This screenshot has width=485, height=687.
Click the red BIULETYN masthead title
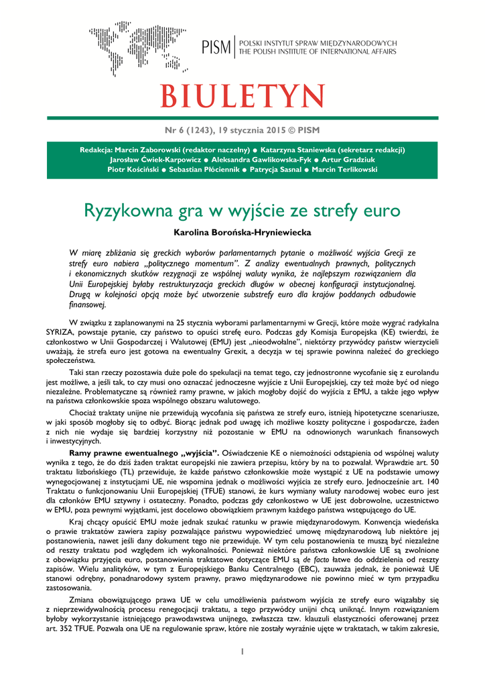242,96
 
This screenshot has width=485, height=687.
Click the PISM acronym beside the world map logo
216,47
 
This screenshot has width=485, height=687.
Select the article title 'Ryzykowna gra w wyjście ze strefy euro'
242,211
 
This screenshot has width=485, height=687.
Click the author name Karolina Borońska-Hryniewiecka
242,232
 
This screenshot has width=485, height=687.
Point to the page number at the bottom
242,651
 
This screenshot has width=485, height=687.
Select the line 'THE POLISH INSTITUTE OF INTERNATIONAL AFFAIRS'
318,52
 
